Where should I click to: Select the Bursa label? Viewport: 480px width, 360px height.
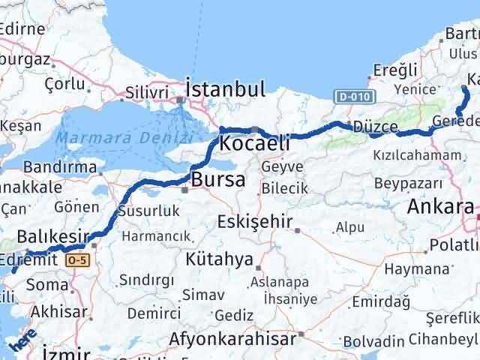[217, 180]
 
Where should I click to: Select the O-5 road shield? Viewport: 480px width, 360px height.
[77, 259]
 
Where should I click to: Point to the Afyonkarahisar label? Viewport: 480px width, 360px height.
[233, 339]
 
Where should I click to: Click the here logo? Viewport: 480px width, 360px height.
[23, 340]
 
